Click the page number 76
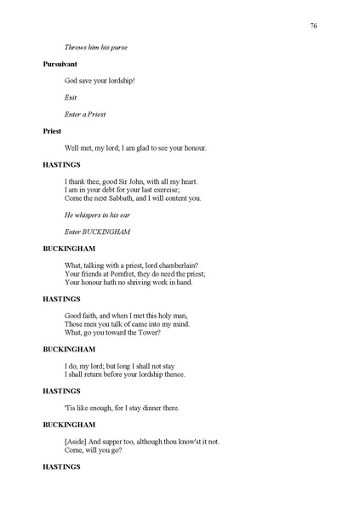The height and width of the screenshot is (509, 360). [313, 26]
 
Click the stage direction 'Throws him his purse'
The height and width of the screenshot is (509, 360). [97, 47]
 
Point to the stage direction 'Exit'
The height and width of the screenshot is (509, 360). [71, 97]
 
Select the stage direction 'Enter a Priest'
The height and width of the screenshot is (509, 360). [85, 114]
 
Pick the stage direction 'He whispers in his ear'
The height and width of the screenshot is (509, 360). [100, 215]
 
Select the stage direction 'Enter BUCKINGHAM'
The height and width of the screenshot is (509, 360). [100, 232]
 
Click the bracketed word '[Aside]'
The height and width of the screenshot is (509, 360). [77, 442]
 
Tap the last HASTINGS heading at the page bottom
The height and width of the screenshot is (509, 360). [61, 467]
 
